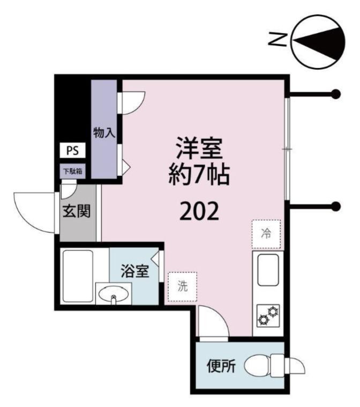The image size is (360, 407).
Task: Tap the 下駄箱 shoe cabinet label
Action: tap(72, 172)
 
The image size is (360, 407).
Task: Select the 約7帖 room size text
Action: tap(199, 175)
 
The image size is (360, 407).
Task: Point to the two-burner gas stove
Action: tap(267, 315)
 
